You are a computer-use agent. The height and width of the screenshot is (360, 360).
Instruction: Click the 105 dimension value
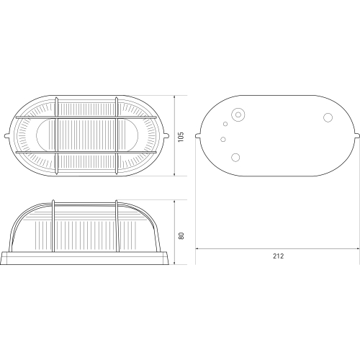[181, 137]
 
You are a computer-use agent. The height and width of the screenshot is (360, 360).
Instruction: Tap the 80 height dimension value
[181, 235]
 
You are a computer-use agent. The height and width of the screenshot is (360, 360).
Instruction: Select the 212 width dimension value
[279, 256]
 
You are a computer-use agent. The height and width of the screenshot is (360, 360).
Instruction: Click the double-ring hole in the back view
[238, 114]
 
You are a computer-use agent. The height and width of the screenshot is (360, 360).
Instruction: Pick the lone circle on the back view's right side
[328, 117]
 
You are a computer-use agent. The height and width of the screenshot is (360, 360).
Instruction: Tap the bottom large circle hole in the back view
[235, 157]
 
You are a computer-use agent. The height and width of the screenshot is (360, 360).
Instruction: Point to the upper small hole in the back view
[225, 124]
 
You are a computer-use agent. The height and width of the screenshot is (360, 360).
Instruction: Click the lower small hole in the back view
[223, 139]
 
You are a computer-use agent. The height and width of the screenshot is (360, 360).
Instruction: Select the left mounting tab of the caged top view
[7, 136]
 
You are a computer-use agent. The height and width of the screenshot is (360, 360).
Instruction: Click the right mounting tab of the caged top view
[166, 136]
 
